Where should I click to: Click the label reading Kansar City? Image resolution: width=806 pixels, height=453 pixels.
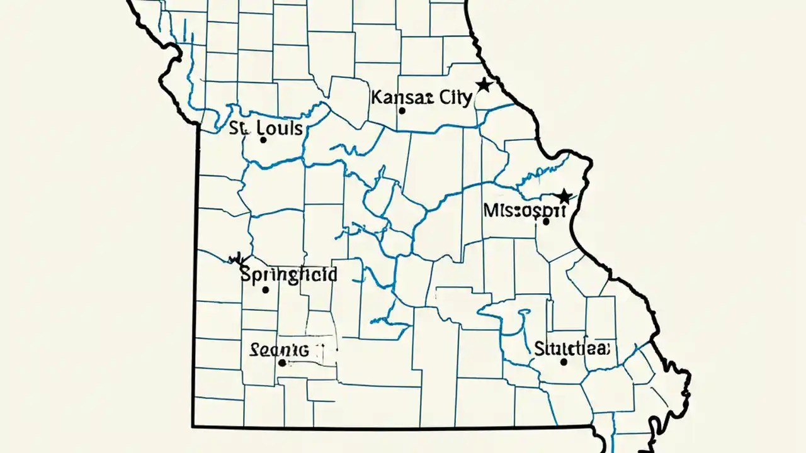pyautogui.click(x=421, y=98)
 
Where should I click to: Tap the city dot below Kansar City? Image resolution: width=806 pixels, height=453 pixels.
pyautogui.click(x=402, y=111)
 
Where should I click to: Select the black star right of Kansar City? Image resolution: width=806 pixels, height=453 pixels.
pyautogui.click(x=483, y=84)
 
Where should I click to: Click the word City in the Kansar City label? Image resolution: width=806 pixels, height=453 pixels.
pyautogui.click(x=455, y=98)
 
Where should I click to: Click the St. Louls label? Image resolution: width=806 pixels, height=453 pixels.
pyautogui.click(x=266, y=128)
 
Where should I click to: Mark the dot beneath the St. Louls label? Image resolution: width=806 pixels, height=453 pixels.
pyautogui.click(x=263, y=140)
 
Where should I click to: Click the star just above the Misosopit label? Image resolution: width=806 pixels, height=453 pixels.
pyautogui.click(x=564, y=196)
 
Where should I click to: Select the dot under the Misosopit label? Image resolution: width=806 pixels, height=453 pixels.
pyautogui.click(x=545, y=221)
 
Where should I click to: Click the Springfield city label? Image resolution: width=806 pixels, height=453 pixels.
pyautogui.click(x=289, y=275)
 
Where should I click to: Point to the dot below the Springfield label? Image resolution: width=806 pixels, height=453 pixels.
pyautogui.click(x=266, y=290)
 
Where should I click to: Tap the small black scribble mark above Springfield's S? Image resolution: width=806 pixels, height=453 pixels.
pyautogui.click(x=237, y=258)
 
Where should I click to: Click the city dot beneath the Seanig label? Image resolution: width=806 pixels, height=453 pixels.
pyautogui.click(x=282, y=363)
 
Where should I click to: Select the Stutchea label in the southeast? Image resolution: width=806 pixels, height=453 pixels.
pyautogui.click(x=572, y=348)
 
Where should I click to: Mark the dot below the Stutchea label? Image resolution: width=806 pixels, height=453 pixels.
pyautogui.click(x=564, y=362)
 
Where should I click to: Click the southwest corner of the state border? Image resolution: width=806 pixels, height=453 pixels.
pyautogui.click(x=193, y=426)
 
